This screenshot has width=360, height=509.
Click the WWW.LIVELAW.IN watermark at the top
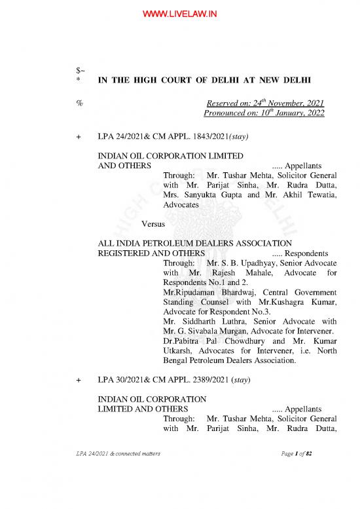180,10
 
